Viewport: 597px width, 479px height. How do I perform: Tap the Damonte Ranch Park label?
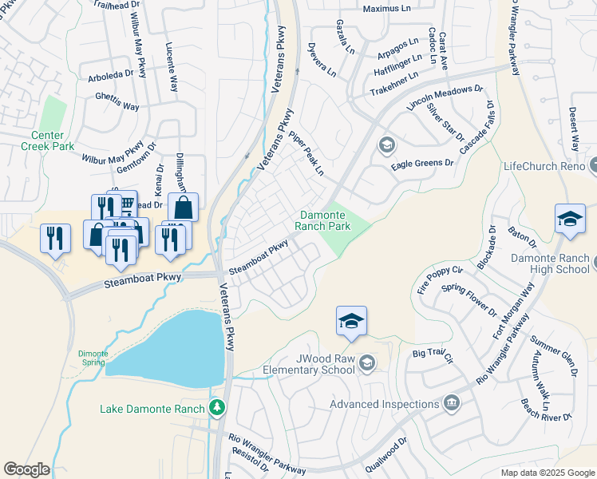click(325, 220)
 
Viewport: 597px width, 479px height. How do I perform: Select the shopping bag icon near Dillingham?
click(183, 208)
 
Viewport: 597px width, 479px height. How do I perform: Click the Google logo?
click(26, 469)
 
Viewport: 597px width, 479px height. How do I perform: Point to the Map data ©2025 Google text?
click(547, 473)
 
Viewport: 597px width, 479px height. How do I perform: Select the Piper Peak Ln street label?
click(306, 153)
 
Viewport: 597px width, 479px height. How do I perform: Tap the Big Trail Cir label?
click(433, 351)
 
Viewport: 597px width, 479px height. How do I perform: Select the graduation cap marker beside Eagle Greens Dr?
click(386, 144)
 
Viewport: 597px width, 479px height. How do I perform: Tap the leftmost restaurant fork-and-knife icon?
click(55, 239)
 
